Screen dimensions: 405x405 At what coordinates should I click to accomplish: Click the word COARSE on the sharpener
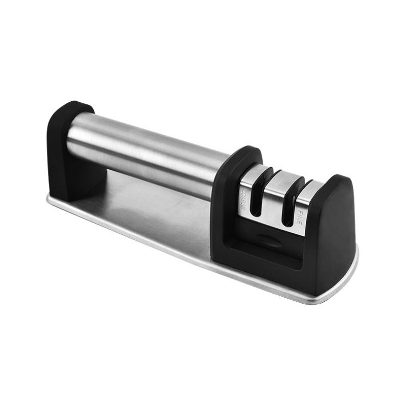[244, 200]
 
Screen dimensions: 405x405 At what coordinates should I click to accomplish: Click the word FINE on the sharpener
[300, 217]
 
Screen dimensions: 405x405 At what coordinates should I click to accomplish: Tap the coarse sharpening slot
[262, 192]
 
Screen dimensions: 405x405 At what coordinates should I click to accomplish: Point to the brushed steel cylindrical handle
[145, 153]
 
